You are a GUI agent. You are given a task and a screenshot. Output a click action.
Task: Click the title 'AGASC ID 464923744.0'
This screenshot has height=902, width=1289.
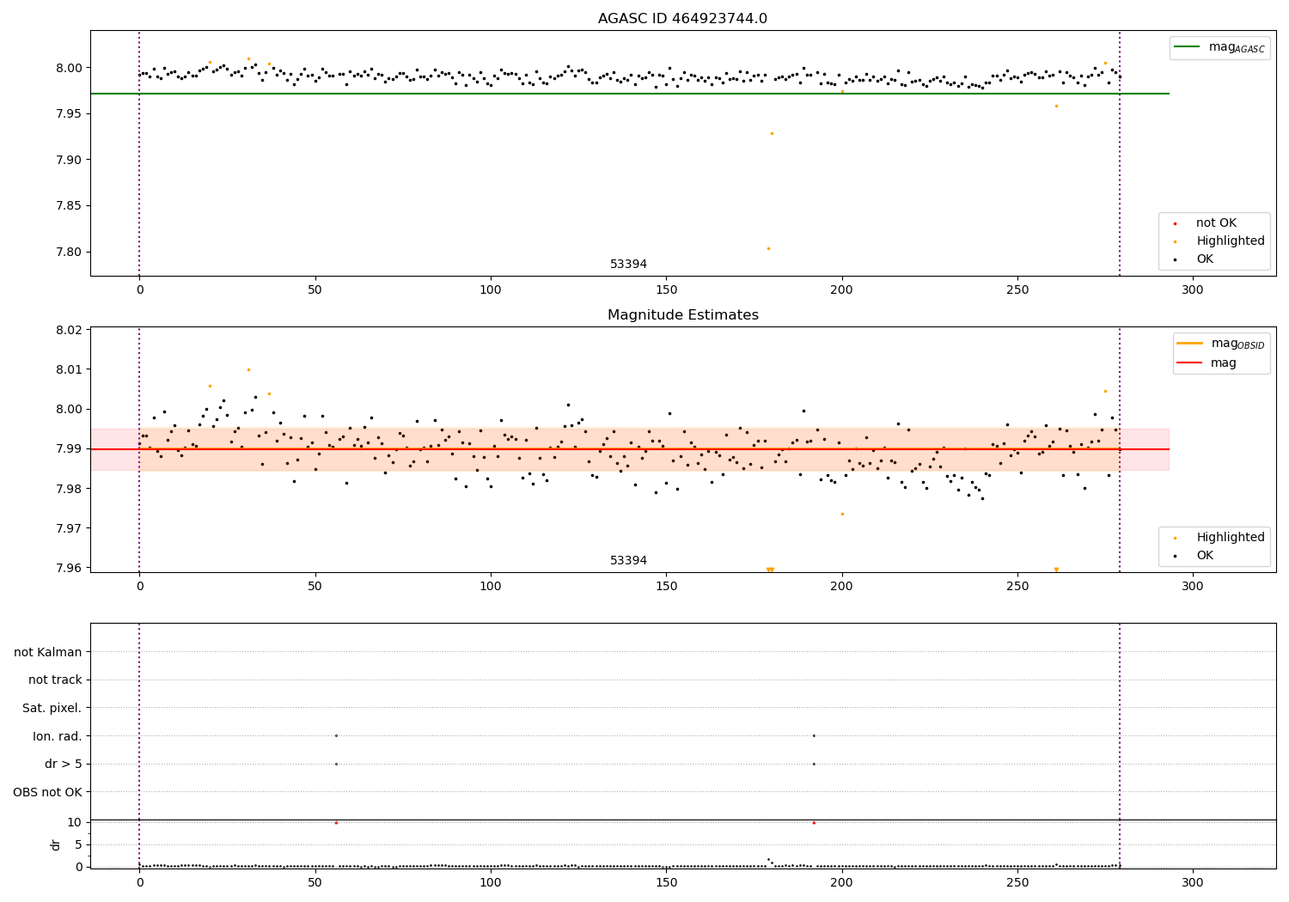click(x=682, y=19)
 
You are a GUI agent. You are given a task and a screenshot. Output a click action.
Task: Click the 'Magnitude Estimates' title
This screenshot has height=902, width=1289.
click(x=682, y=315)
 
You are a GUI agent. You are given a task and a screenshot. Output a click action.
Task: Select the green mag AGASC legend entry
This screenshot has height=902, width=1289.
click(x=1219, y=47)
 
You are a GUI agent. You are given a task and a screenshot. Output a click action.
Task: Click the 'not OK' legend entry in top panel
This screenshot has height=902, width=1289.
click(x=1215, y=223)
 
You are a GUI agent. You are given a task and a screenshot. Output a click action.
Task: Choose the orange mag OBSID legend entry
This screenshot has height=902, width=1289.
click(x=1220, y=344)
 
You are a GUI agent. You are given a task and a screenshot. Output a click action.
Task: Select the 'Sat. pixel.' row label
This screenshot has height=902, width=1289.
click(x=52, y=708)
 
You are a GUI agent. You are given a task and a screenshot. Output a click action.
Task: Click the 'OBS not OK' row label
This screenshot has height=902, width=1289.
click(x=47, y=792)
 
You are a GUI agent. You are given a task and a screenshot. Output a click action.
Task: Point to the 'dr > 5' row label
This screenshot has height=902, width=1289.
click(x=63, y=764)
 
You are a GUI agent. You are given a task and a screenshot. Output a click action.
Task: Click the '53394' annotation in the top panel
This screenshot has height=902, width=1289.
click(x=628, y=265)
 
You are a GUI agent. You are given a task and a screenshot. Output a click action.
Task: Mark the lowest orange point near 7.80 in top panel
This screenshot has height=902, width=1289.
click(x=768, y=248)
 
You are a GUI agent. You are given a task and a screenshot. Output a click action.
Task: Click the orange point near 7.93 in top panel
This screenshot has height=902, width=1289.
click(x=772, y=133)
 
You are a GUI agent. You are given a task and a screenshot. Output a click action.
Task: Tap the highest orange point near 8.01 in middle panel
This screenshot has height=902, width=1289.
click(x=248, y=369)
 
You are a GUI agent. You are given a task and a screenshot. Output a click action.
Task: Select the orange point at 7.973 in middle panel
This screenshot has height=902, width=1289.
click(x=842, y=514)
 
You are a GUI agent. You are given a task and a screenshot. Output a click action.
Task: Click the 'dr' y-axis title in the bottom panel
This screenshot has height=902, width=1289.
click(x=56, y=844)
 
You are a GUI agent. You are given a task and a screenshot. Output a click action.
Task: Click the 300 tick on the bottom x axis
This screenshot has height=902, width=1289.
click(x=1192, y=882)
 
